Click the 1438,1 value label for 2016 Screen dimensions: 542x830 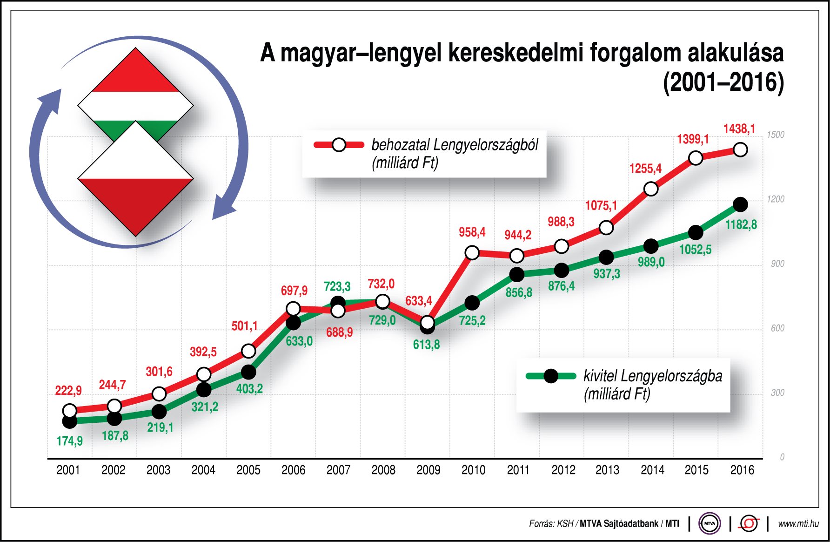[739, 129]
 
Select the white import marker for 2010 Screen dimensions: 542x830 [472, 253]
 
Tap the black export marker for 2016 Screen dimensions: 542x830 [740, 204]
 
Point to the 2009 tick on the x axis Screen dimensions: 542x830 [428, 470]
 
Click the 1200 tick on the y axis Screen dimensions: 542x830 [775, 199]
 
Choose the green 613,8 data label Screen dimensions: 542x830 [426, 345]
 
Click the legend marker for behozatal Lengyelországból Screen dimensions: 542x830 [339, 145]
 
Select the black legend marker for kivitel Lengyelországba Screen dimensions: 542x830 [550, 376]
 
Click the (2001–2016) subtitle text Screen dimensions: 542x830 [723, 83]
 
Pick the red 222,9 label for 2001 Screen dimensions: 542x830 [68, 390]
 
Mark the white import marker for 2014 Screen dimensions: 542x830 [651, 189]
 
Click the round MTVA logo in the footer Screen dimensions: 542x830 [709, 523]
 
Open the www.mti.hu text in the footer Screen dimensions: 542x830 [798, 523]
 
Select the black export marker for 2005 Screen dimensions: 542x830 [248, 372]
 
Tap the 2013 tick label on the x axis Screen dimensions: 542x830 [607, 470]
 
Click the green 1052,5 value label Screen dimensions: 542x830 [695, 250]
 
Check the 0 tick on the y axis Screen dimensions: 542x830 [782, 457]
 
